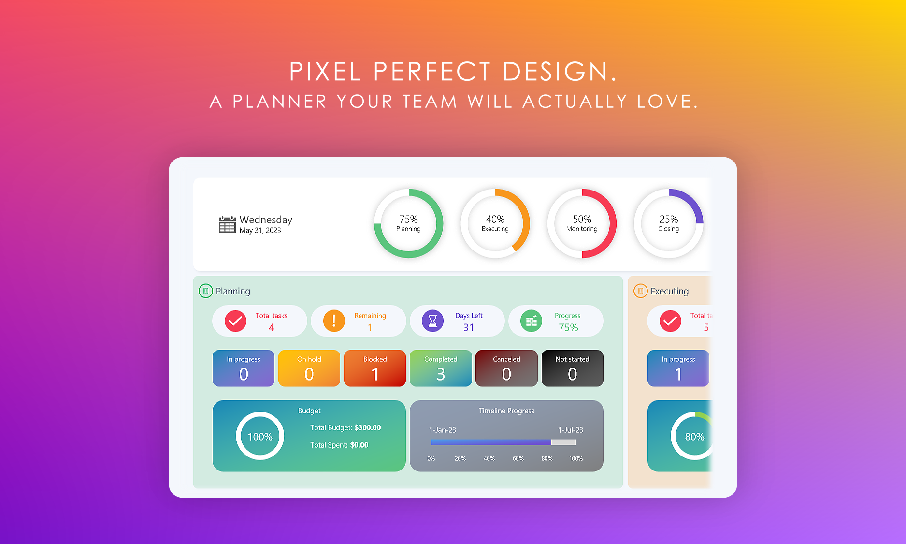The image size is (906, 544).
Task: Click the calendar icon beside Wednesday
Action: [x=227, y=224]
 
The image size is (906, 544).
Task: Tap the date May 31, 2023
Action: [x=260, y=231]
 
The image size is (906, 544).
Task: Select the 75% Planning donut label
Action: [x=409, y=223]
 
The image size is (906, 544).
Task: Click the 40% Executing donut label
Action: [x=495, y=223]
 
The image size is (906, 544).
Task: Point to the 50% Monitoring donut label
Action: [x=582, y=223]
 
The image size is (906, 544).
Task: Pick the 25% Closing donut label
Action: [x=669, y=223]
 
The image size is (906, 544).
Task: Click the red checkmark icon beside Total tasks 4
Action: [x=235, y=321]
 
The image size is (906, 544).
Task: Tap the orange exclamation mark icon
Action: [x=334, y=321]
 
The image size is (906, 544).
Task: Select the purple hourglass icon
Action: [x=433, y=321]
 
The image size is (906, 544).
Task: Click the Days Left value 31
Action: [x=469, y=328]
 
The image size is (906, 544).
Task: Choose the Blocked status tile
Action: [x=375, y=368]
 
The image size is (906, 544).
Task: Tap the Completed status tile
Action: [x=441, y=368]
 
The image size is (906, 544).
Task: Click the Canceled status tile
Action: [x=506, y=368]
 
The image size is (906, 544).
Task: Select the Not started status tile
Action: [x=573, y=368]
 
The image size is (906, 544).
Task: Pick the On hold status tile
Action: [x=309, y=368]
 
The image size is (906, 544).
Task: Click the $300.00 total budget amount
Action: [x=368, y=428]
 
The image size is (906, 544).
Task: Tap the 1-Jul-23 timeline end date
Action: [x=571, y=430]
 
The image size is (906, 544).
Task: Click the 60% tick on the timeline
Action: [x=518, y=459]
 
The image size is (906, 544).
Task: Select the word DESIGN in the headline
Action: [x=560, y=72]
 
